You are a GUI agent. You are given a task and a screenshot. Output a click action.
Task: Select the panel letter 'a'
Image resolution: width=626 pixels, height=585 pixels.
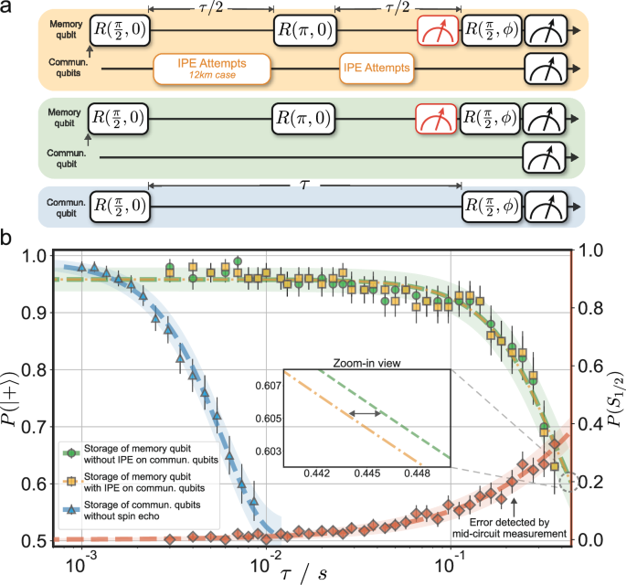pyautogui.click(x=6, y=7)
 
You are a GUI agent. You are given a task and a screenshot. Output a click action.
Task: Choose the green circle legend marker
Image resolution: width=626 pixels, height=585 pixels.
pyautogui.click(x=69, y=450)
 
